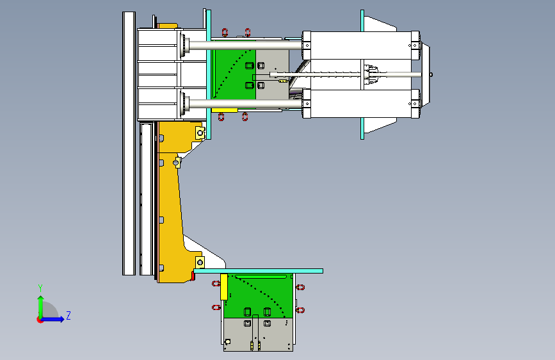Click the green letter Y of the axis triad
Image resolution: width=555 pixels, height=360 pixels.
tap(40, 288)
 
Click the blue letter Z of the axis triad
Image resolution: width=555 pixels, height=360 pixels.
tap(68, 315)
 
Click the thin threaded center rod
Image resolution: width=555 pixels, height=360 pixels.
tap(346, 74)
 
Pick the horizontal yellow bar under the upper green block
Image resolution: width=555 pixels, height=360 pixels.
tap(225, 110)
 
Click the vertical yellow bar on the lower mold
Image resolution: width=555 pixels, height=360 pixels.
tap(223, 287)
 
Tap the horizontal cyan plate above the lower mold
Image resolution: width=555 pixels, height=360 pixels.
tap(259, 271)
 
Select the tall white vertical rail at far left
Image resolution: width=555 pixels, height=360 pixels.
tap(129, 143)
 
